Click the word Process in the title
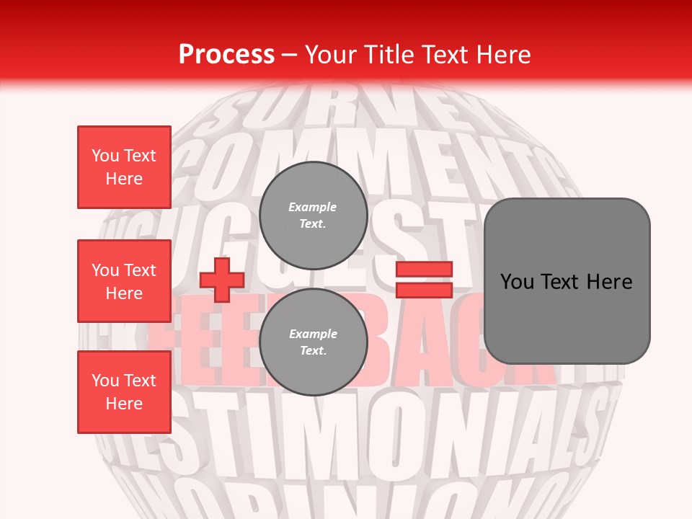226,55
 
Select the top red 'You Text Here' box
124,167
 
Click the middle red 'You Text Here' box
124,281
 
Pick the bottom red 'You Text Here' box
124,392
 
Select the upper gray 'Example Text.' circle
313,216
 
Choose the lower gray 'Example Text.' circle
313,342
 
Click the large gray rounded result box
567,281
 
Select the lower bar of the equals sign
424,290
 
